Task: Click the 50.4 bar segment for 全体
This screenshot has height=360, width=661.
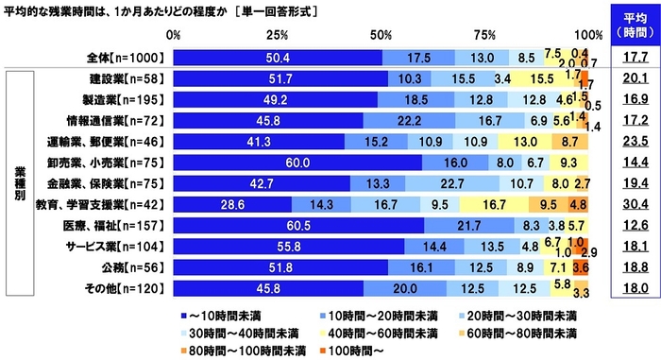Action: [278, 58]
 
